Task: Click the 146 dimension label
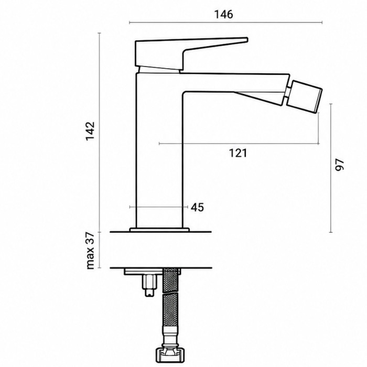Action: pos(223,15)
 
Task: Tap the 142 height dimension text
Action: pos(90,131)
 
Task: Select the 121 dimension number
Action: pos(238,153)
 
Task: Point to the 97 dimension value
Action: pos(340,165)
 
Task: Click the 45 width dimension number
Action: pos(197,208)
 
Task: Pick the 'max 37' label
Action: pos(90,251)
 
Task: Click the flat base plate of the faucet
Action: pos(159,230)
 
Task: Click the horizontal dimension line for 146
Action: pos(225,23)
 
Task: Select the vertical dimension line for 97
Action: pos(331,168)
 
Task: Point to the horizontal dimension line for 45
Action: pos(159,207)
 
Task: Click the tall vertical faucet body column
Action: pos(159,150)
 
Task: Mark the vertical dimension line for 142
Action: pos(100,133)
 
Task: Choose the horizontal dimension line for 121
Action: pos(239,144)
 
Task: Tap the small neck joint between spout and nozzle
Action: pos(288,92)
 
